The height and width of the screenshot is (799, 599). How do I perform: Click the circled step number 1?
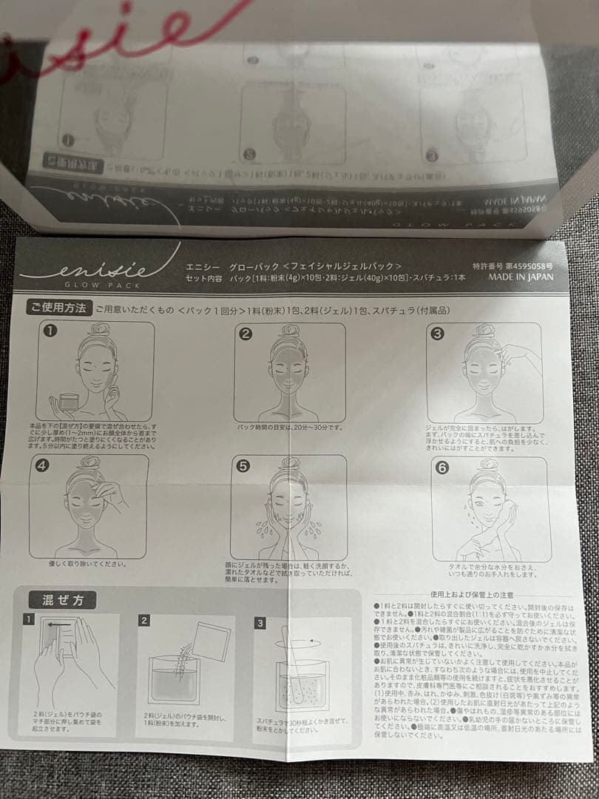(49, 331)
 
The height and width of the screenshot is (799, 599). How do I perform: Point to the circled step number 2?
(246, 334)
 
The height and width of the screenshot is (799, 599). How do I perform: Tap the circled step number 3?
(437, 334)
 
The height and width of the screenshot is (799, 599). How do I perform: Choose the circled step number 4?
(42, 466)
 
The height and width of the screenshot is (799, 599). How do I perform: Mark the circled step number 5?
(242, 467)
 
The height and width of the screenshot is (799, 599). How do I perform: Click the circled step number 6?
(442, 468)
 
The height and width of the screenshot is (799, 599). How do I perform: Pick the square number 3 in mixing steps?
(260, 623)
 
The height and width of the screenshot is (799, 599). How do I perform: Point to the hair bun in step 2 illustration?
(289, 330)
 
